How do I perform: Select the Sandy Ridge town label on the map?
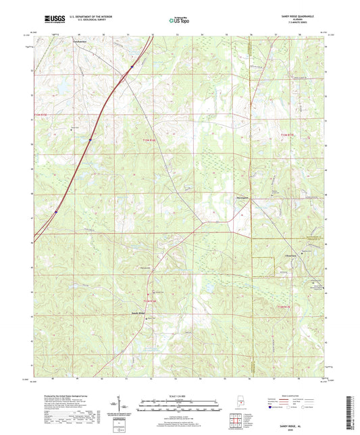tap(138, 313)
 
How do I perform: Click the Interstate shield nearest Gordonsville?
tap(131, 66)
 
